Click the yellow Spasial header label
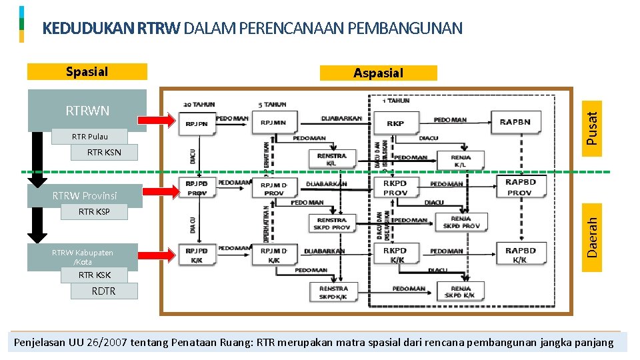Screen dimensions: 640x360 tap(87, 71)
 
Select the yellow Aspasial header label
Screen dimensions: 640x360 tap(378, 73)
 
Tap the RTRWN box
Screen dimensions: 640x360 tap(87, 110)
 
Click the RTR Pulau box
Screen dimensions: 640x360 tap(89, 137)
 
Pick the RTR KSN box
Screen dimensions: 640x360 tap(104, 153)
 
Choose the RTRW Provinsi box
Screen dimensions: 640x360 tap(85, 195)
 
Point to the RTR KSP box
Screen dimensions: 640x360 tap(94, 212)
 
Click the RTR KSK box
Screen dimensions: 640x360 tap(95, 275)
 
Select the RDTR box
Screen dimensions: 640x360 tap(104, 291)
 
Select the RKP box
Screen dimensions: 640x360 tap(395, 123)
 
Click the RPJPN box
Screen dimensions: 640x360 tap(197, 123)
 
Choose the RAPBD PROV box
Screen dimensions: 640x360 tap(521, 187)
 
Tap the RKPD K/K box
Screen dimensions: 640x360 tap(395, 255)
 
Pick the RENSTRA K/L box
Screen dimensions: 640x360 tap(331, 159)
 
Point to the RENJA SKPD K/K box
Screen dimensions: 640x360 tap(460, 291)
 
